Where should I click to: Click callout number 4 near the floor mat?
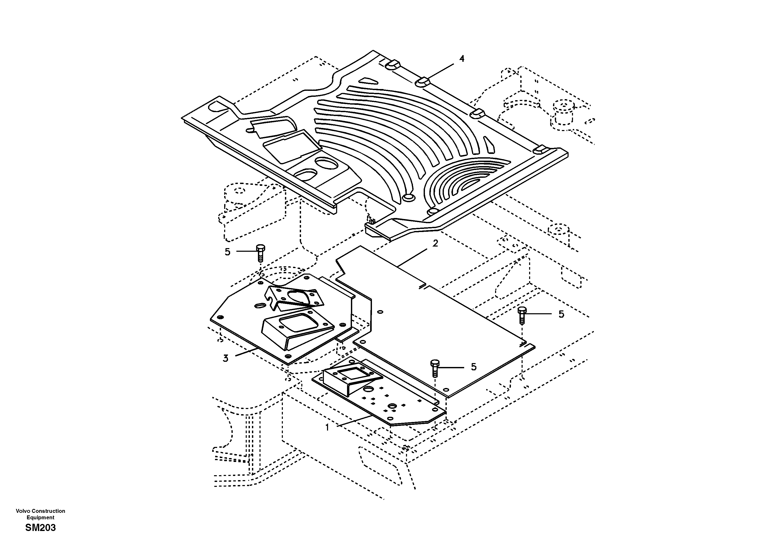[462, 59]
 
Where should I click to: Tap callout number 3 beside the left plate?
[225, 359]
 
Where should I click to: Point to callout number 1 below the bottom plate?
[327, 428]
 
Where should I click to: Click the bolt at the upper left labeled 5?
[261, 253]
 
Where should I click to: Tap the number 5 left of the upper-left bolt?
[228, 252]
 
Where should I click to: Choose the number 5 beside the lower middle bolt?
[474, 367]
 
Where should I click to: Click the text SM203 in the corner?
[41, 528]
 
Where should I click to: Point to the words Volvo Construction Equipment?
[41, 514]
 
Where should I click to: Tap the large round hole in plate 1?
[368, 389]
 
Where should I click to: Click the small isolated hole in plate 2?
[380, 312]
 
